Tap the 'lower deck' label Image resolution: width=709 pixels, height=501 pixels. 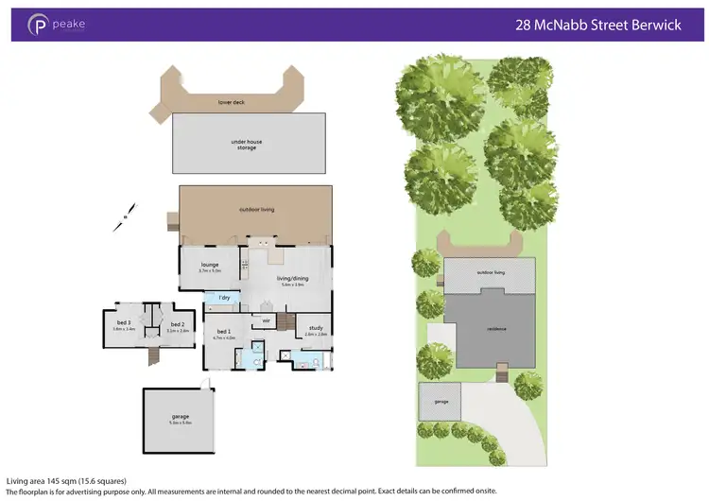point(232,101)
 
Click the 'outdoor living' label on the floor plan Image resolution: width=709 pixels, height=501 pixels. point(256,209)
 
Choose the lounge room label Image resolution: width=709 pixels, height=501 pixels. point(209,266)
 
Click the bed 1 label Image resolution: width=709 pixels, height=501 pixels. point(224,333)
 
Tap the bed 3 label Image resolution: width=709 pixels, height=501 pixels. point(124,323)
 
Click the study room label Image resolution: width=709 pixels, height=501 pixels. point(316,329)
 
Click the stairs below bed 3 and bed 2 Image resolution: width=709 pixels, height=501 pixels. point(153,356)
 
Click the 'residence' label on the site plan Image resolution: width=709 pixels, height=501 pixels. point(495,328)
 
